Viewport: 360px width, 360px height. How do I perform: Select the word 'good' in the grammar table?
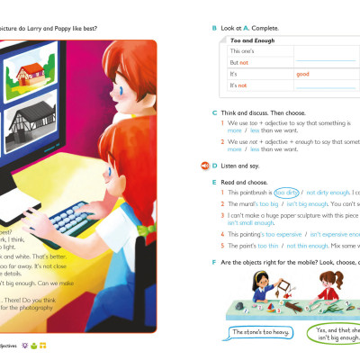click(303, 74)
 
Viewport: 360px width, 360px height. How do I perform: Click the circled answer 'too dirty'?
click(288, 193)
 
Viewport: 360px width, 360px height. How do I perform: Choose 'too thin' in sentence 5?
click(269, 245)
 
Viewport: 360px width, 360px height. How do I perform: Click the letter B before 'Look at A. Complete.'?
click(214, 28)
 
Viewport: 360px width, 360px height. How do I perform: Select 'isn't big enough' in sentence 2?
click(296, 205)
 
